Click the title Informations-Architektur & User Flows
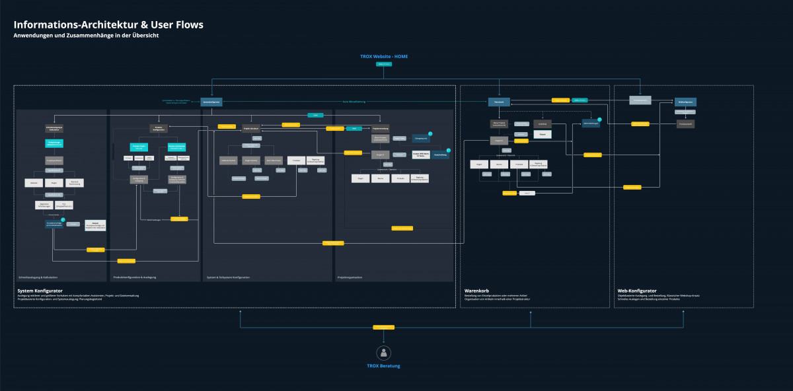(x=108, y=25)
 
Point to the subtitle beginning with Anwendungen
(x=86, y=36)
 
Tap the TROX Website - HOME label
(x=383, y=56)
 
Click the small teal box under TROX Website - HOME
(x=383, y=64)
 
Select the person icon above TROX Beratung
(x=383, y=352)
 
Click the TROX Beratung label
(x=383, y=366)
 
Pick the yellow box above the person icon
(x=383, y=327)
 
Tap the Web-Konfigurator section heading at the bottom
(x=638, y=290)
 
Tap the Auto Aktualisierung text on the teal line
(x=354, y=102)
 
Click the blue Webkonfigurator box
(x=686, y=102)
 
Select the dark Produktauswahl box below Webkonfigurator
(x=686, y=124)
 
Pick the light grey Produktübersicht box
(x=640, y=100)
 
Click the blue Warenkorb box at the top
(x=499, y=102)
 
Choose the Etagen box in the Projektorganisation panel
(x=360, y=178)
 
